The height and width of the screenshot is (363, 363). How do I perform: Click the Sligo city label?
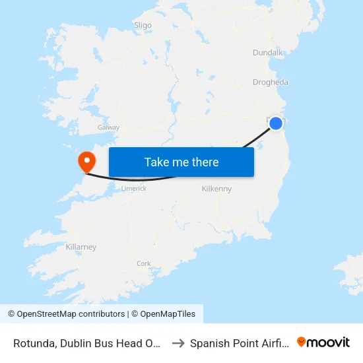(143, 26)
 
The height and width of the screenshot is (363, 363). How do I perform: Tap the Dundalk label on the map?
(267, 53)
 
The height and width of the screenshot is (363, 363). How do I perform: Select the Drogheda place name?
(270, 82)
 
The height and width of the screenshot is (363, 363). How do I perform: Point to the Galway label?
(108, 127)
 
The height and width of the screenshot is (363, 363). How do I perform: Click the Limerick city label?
(134, 188)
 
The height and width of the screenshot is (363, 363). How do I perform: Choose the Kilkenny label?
(216, 189)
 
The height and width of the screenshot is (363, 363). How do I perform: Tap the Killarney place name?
(81, 247)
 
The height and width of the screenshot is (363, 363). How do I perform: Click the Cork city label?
(143, 263)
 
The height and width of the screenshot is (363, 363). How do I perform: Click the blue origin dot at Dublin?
(276, 123)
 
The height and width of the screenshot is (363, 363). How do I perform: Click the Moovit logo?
(323, 342)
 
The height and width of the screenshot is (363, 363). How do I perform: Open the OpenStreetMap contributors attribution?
(71, 314)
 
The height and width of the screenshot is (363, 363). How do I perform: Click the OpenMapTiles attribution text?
(167, 314)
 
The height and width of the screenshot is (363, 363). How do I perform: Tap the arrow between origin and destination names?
(178, 343)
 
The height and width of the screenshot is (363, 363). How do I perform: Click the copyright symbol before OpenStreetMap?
(11, 314)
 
